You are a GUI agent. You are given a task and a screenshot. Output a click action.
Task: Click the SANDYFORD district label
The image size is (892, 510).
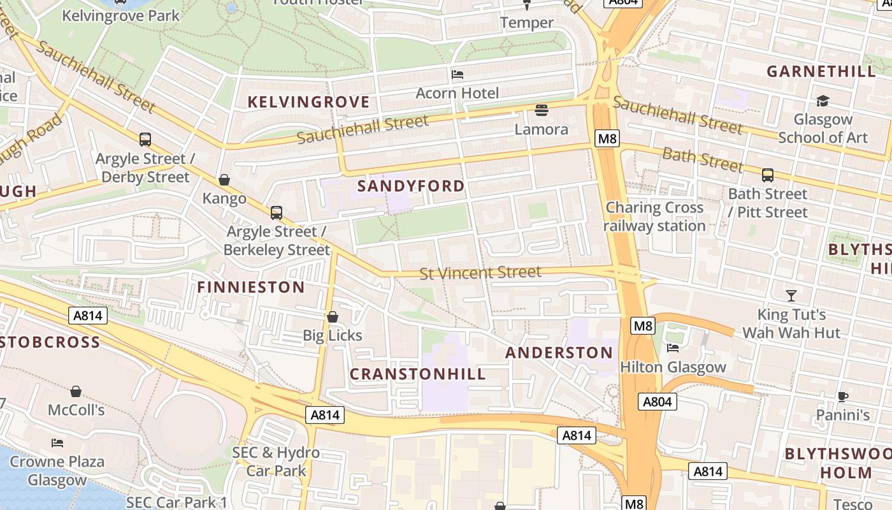click(x=411, y=186)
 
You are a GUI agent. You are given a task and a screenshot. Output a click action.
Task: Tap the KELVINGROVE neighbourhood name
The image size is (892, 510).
click(x=308, y=102)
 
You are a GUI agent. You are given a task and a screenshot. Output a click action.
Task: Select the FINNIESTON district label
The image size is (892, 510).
click(x=251, y=288)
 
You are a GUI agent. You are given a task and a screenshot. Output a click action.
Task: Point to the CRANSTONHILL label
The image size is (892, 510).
click(x=419, y=374)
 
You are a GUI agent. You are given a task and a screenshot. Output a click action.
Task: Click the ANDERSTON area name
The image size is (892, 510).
click(x=559, y=353)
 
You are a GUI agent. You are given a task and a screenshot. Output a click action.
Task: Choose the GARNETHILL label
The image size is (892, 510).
click(x=821, y=71)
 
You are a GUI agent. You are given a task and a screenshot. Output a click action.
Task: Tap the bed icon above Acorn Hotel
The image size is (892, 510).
click(x=457, y=75)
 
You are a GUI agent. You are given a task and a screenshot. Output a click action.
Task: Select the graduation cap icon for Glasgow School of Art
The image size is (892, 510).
click(x=823, y=101)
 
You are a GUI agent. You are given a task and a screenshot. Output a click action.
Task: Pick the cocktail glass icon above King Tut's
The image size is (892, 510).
click(x=791, y=295)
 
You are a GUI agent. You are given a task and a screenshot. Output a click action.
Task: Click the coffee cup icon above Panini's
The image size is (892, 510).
click(x=842, y=397)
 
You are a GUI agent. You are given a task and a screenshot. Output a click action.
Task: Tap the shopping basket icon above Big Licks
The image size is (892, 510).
click(x=332, y=317)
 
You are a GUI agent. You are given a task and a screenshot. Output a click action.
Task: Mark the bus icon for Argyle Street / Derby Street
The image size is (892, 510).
click(x=145, y=140)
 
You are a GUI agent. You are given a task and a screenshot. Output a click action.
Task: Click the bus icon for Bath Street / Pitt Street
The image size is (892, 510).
click(x=768, y=175)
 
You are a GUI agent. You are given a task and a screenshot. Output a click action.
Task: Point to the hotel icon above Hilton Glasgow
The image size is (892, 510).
click(x=672, y=348)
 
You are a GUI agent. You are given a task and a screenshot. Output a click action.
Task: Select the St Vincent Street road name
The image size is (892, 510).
click(x=480, y=273)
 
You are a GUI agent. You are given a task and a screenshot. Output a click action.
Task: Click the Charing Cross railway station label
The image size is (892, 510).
click(x=654, y=216)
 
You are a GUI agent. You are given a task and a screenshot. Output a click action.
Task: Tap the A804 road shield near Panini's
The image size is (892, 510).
click(x=658, y=402)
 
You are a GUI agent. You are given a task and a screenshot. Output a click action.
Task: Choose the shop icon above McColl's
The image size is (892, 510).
click(x=76, y=391)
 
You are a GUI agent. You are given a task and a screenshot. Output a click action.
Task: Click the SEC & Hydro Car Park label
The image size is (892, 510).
click(x=276, y=462)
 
